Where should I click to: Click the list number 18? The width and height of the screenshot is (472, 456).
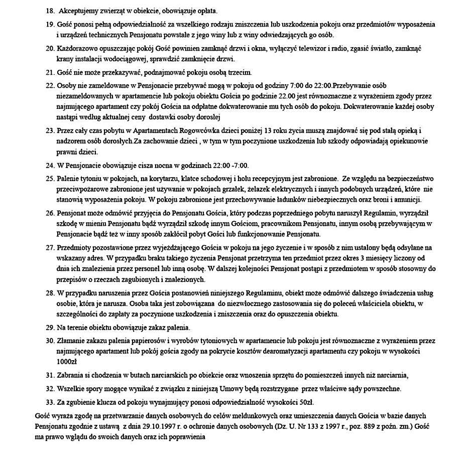point(49,11)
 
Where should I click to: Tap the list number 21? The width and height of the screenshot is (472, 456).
point(49,72)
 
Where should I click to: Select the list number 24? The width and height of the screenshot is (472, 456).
point(49,166)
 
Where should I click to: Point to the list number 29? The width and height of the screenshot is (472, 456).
point(49,328)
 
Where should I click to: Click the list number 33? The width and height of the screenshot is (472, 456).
point(49,402)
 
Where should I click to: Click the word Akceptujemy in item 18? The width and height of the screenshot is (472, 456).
point(77,11)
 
